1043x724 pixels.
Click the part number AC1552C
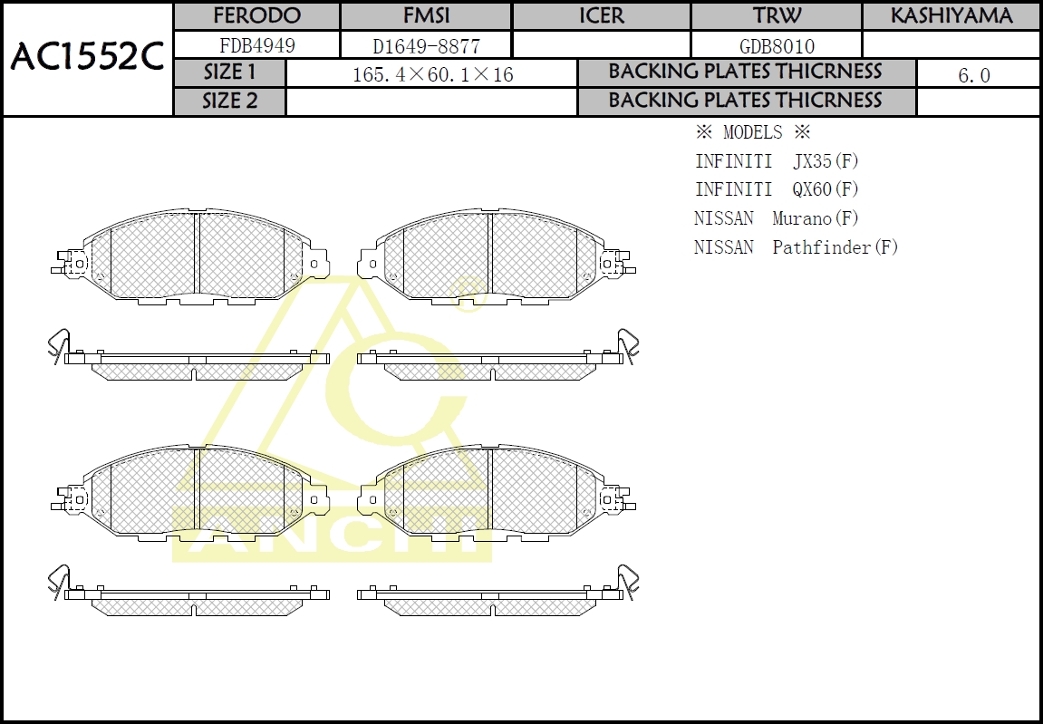coord(87,58)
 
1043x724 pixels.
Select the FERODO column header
coord(256,16)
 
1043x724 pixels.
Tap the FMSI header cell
coord(426,16)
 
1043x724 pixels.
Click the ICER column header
coord(601,16)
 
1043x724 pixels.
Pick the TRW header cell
coord(776,16)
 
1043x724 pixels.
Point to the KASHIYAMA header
coord(951,16)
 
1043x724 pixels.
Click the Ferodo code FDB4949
coord(256,45)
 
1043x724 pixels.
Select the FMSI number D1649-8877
coord(426,45)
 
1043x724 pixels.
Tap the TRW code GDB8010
coord(776,45)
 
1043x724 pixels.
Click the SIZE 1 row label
coord(229,72)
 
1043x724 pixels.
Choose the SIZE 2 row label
coord(229,101)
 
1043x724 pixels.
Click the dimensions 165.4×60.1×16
coord(432,74)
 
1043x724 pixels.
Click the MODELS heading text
coord(752,132)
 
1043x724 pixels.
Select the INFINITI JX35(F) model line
coord(776,161)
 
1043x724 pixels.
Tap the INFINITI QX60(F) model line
coord(776,189)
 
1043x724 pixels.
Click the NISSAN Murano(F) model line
coord(776,218)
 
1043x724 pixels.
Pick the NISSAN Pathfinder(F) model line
coord(796,246)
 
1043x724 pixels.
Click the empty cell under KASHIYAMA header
coord(951,45)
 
